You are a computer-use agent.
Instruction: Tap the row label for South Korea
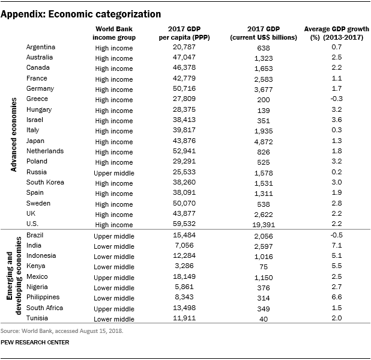(46, 183)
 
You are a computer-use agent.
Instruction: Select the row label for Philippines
(43, 297)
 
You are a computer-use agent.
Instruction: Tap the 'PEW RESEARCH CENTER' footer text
(35, 343)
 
